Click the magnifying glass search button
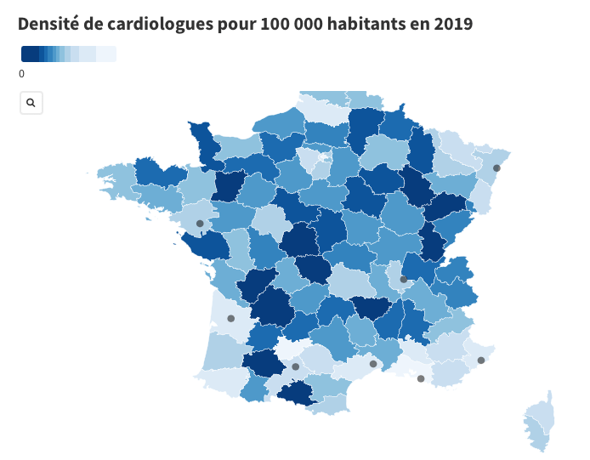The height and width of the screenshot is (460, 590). tap(31, 103)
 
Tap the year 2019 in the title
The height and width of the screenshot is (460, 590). tap(451, 24)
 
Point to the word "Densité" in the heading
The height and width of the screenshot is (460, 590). tap(50, 24)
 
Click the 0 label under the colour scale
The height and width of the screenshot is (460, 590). tap(21, 74)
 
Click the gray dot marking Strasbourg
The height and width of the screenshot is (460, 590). tap(496, 168)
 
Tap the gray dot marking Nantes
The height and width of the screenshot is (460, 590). tap(200, 224)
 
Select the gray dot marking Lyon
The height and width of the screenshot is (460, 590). tap(404, 279)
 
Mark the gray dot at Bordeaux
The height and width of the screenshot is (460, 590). tap(230, 319)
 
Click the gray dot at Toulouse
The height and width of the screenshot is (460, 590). tap(295, 367)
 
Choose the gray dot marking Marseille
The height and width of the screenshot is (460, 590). tap(421, 379)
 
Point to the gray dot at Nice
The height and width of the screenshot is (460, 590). tap(481, 361)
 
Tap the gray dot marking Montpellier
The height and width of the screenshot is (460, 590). tap(373, 364)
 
